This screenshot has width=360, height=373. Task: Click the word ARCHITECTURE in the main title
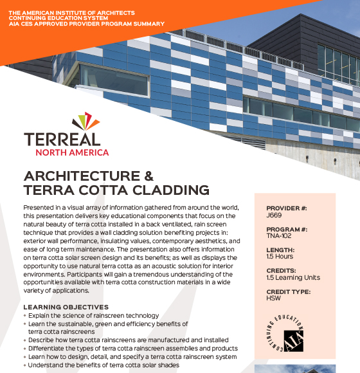pyautogui.click(x=80, y=176)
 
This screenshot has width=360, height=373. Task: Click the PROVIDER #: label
pyautogui.click(x=287, y=209)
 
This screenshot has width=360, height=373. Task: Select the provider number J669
pyautogui.click(x=273, y=216)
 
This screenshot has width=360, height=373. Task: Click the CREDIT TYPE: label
pyautogui.click(x=290, y=291)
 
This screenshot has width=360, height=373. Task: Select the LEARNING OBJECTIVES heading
pyautogui.click(x=66, y=307)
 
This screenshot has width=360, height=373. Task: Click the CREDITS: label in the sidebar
pyautogui.click(x=282, y=271)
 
